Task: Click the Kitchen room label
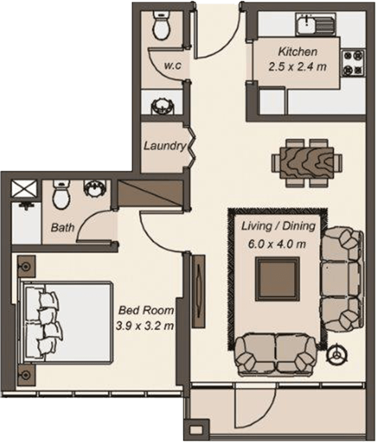[x=298, y=52]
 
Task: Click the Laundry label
[x=165, y=147]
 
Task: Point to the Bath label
[x=62, y=227]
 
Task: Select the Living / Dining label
[x=277, y=226]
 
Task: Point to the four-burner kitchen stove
[x=354, y=62]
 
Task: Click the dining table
[x=306, y=162]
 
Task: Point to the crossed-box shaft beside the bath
[x=24, y=189]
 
